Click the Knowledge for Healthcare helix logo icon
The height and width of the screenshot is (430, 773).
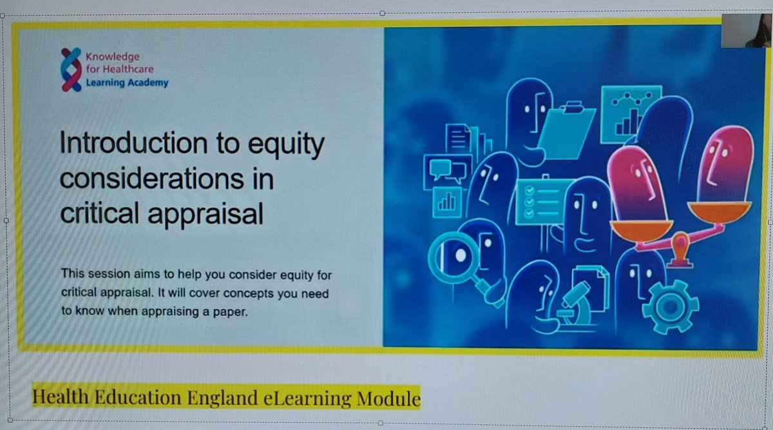click(x=71, y=70)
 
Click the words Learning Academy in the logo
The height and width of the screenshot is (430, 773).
click(x=128, y=83)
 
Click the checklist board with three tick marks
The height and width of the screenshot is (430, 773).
click(x=539, y=202)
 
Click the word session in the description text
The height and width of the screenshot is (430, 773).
click(x=107, y=275)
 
